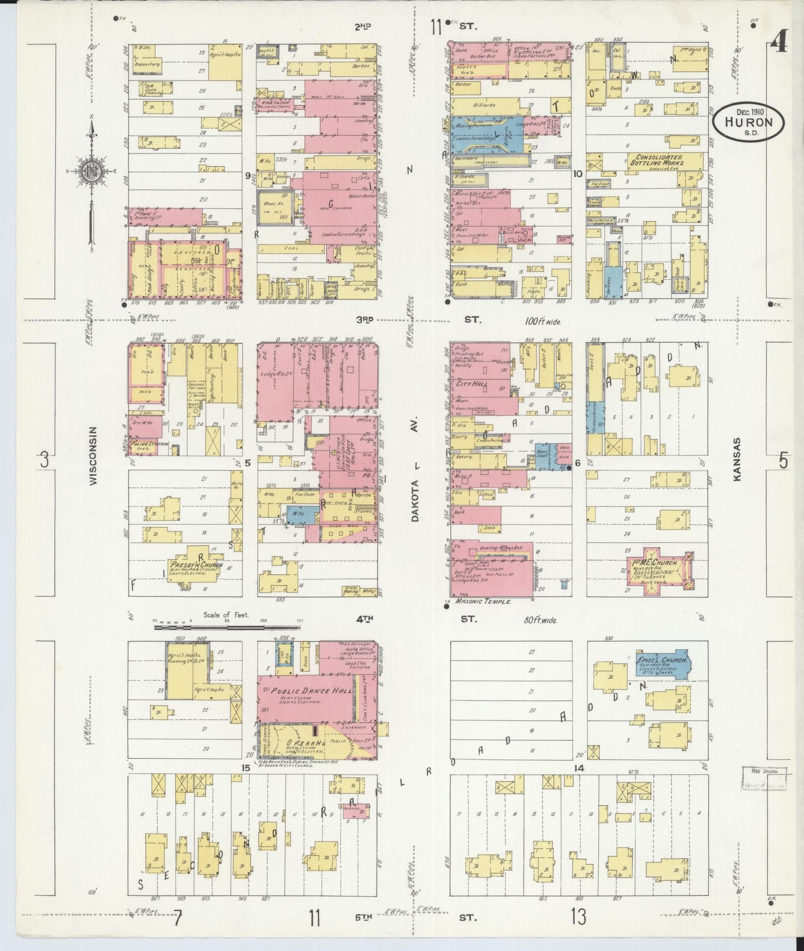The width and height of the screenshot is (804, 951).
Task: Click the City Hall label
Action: click(472, 384)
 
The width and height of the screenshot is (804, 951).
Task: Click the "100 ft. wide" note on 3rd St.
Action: click(542, 321)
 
